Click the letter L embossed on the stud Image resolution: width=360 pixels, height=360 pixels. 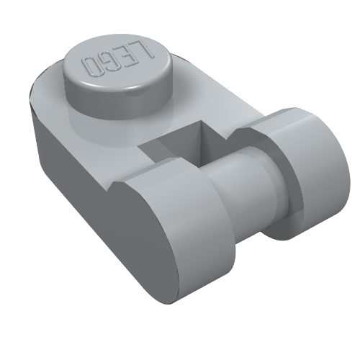click(x=145, y=49)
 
